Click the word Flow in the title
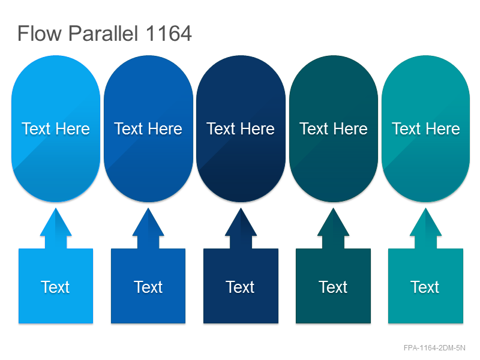(x=40, y=33)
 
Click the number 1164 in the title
(x=169, y=33)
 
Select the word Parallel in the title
(x=103, y=33)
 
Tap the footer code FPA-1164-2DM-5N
(x=434, y=348)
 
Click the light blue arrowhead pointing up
(x=56, y=222)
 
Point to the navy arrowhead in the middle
(x=241, y=222)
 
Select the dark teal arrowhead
(x=333, y=222)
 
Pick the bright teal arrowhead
(x=425, y=222)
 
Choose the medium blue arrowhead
(x=148, y=222)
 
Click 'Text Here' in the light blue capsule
(x=56, y=128)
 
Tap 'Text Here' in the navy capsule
(x=241, y=128)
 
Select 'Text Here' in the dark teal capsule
(x=334, y=128)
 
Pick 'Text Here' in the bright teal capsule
(x=426, y=128)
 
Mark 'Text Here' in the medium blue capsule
(x=148, y=128)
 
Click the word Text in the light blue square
(x=55, y=287)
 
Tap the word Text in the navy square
(x=241, y=287)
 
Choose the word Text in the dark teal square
(x=333, y=287)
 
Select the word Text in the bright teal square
(x=425, y=287)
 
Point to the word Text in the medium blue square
(x=148, y=287)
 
